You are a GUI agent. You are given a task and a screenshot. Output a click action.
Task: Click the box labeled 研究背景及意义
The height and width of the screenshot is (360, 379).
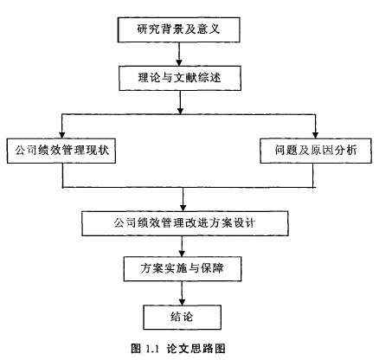point(179,29)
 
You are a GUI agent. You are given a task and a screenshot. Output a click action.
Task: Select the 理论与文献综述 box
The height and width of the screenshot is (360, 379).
point(180,78)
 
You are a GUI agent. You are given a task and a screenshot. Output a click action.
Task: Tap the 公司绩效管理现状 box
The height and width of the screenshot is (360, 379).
point(61,151)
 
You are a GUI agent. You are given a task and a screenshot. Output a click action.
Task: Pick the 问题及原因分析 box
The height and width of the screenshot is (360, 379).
point(316,151)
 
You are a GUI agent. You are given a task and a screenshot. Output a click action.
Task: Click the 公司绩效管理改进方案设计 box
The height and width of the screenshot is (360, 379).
point(185,223)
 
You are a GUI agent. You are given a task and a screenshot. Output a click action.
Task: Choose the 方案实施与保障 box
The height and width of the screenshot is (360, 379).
point(183,269)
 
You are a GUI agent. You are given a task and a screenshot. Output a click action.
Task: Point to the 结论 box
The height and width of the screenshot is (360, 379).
point(183,317)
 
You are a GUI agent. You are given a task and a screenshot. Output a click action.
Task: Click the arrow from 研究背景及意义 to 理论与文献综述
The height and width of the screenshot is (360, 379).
point(179,54)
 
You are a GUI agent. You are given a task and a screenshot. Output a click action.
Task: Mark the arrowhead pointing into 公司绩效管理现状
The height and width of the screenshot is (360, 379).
point(61,135)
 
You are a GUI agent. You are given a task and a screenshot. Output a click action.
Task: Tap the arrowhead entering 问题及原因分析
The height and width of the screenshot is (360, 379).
point(315,135)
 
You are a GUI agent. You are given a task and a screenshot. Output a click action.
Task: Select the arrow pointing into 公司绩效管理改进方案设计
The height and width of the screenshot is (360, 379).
point(183,199)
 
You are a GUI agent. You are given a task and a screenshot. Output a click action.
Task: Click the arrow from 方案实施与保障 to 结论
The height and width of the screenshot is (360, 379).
point(182,293)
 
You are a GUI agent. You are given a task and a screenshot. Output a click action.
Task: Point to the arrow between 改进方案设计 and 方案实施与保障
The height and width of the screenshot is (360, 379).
point(182,247)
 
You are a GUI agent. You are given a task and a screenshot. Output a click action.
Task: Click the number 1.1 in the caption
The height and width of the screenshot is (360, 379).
point(152,349)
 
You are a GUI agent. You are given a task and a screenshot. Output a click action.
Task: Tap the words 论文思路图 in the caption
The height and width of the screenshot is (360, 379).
point(196,349)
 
